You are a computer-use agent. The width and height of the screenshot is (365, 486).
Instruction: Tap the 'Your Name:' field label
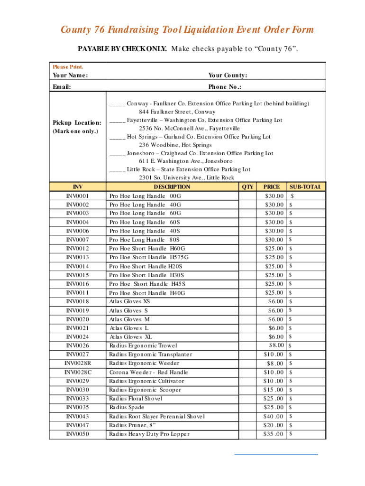click(70, 75)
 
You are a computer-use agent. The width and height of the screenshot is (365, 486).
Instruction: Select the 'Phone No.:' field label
click(225, 87)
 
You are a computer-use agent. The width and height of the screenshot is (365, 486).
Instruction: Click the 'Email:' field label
click(62, 87)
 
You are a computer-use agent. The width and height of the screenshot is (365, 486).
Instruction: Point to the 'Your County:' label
click(228, 75)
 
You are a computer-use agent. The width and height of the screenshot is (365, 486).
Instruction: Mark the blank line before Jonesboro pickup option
click(117, 153)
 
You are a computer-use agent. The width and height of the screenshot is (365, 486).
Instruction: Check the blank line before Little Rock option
click(117, 169)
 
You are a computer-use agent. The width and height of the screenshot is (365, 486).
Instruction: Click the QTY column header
click(247, 187)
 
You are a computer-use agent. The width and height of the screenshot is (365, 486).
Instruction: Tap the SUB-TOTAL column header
click(306, 187)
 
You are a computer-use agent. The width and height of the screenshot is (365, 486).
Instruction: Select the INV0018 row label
click(78, 302)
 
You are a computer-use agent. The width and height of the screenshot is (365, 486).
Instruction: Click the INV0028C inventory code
click(78, 373)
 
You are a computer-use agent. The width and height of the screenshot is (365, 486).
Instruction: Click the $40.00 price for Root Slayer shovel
click(274, 417)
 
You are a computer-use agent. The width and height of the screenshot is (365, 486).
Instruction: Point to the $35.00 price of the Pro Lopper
click(274, 434)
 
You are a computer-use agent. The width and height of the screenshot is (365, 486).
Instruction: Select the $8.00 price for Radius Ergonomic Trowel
click(276, 346)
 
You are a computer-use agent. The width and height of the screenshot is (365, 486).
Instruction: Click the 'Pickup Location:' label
click(77, 123)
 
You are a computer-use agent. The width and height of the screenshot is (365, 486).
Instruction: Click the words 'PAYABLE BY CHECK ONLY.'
click(122, 49)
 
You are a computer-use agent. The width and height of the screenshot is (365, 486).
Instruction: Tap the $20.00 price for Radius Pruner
click(274, 425)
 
